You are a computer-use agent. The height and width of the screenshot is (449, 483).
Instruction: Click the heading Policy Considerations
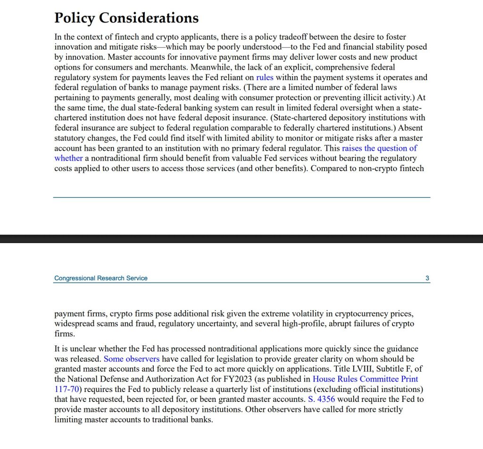click(126, 18)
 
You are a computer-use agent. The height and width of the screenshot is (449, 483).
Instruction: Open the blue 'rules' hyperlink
click(265, 77)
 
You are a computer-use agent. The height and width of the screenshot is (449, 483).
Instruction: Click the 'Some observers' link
click(132, 359)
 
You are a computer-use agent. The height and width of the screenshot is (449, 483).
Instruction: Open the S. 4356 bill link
click(321, 399)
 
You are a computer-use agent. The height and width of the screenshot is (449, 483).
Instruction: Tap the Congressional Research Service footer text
click(101, 278)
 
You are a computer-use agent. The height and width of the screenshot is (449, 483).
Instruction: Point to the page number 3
click(427, 278)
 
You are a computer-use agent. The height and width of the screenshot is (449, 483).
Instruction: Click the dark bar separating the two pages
click(241, 239)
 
